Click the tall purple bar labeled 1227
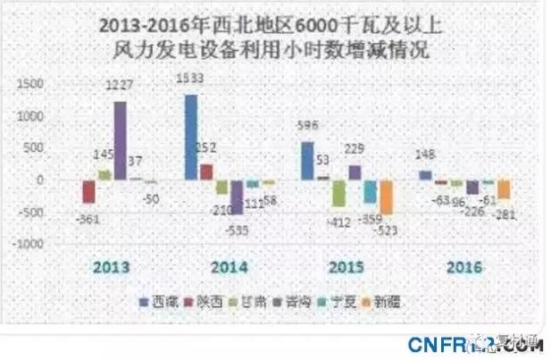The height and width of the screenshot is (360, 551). point(120,140)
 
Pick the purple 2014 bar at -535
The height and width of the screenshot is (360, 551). point(237,197)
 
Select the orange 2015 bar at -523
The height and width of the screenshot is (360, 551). point(386,197)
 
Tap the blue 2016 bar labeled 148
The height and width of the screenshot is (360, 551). point(424,175)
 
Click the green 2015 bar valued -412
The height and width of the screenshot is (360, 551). point(338,193)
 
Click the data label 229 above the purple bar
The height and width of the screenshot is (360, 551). point(358,149)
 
